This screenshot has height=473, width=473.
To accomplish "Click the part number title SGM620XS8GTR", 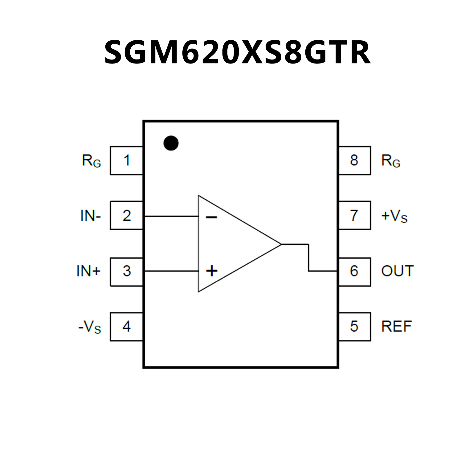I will click(x=237, y=52).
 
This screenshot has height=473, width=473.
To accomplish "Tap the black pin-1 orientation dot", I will click(x=171, y=143).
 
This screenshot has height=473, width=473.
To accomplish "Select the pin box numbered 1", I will click(x=127, y=161).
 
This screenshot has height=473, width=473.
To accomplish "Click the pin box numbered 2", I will click(x=127, y=215).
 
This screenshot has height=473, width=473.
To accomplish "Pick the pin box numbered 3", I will click(x=127, y=271).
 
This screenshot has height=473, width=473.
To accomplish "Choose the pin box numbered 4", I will click(x=127, y=326).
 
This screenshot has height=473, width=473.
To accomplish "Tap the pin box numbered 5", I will click(x=354, y=326).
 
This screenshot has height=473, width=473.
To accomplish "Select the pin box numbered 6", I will click(x=354, y=271).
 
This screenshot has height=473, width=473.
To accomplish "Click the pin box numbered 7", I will click(x=354, y=215).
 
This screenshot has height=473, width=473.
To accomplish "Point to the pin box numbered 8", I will click(x=354, y=161).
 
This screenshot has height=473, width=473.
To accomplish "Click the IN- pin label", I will click(x=91, y=216).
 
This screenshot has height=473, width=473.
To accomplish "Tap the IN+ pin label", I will click(x=88, y=271).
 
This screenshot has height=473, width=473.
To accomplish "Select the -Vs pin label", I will click(x=90, y=327).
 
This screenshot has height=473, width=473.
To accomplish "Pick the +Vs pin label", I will click(x=394, y=216).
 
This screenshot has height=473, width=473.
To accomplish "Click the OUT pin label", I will click(x=397, y=271).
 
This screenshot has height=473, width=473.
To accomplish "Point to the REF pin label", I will click(x=397, y=327).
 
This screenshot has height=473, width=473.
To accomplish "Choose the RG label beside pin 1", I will click(x=92, y=161).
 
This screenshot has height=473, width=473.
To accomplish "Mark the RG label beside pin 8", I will click(x=391, y=161).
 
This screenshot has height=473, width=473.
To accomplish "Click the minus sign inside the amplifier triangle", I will click(x=211, y=218).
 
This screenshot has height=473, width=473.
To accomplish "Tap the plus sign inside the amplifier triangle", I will click(x=212, y=271).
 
